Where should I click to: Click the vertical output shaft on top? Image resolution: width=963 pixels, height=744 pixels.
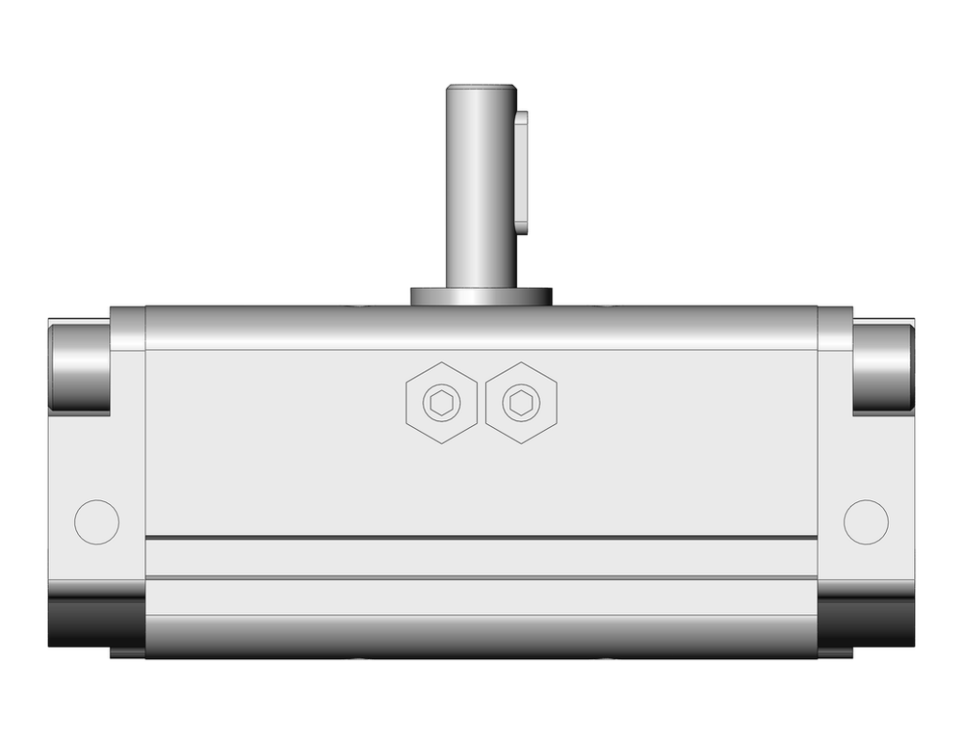480,193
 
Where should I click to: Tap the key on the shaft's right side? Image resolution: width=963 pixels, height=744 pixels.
522,172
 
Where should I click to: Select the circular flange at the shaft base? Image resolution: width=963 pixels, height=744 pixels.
481,296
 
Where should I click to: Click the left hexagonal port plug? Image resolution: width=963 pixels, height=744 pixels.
442,403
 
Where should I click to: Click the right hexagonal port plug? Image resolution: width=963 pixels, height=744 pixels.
522,403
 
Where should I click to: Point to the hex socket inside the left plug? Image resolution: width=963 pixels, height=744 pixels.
442,403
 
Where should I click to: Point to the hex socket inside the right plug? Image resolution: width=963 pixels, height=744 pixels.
522,403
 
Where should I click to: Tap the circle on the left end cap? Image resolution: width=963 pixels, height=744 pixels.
96,521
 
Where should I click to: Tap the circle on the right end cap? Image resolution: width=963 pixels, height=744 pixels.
866,521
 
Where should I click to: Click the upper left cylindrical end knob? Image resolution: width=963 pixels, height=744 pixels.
79,367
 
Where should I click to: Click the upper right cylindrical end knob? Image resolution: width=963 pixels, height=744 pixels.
883,367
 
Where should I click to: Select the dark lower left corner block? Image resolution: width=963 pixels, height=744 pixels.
95,622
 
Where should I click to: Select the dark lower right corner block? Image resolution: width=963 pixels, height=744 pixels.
866,622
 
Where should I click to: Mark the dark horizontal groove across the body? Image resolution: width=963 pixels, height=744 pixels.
481,537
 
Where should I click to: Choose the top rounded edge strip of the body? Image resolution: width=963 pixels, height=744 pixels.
481,328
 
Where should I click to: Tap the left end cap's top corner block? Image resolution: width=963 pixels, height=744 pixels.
127,329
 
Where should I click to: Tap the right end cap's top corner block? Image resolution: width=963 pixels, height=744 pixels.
835,329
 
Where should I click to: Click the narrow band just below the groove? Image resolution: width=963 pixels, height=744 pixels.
481,557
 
